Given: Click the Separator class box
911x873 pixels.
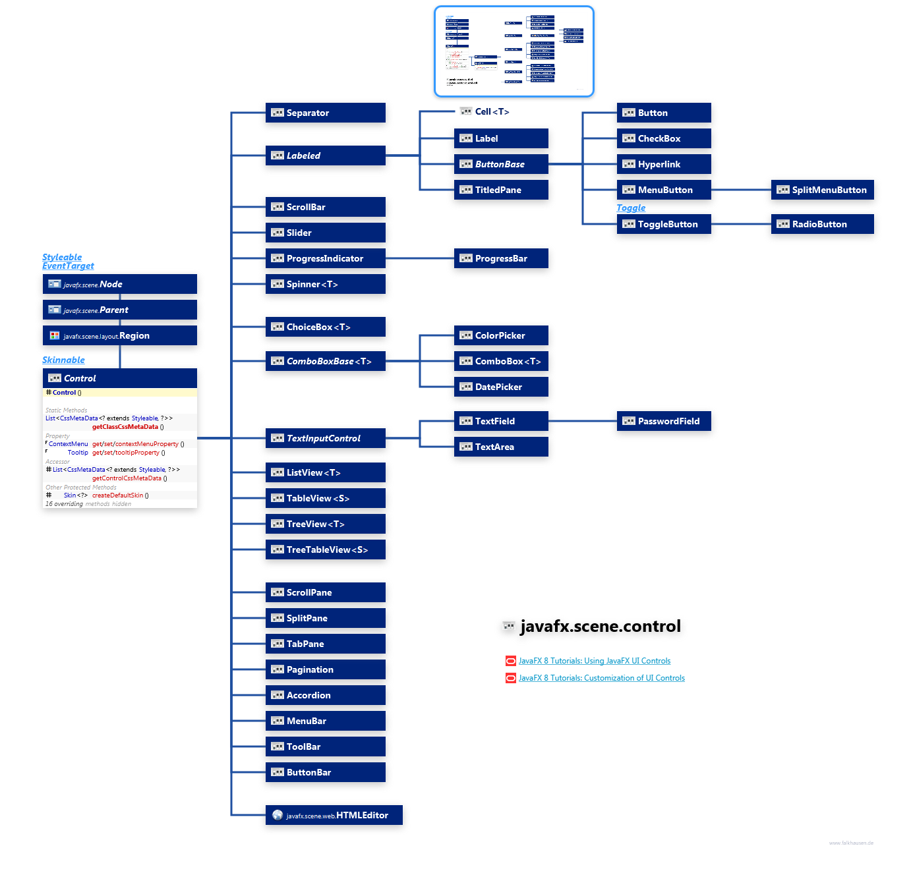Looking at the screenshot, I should coord(325,113).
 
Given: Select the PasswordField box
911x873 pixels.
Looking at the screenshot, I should coord(663,421).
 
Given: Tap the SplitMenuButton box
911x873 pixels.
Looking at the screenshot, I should coord(822,190).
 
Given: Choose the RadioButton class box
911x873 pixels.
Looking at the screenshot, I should coord(822,224).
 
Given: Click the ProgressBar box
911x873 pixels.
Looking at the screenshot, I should coord(500,258).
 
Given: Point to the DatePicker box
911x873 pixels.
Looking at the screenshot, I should coord(500,387).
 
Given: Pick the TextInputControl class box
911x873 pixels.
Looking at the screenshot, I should coord(325,438).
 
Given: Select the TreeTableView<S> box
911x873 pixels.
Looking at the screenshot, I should coord(325,549).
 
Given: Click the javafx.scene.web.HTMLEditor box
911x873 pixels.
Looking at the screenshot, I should coord(333,815).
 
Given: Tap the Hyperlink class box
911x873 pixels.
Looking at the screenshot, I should coord(663,164).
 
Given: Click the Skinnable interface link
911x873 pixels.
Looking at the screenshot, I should coord(63,360).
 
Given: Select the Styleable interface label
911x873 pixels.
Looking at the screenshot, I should coord(62,257).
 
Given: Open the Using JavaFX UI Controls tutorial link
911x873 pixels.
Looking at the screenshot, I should coord(594,661).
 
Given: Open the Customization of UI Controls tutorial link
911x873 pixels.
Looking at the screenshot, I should coord(601,678).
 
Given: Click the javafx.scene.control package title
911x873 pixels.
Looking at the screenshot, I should coord(599,626).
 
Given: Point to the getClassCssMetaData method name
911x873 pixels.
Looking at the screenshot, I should coord(125,427).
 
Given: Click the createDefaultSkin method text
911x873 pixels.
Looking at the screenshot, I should coord(117,495).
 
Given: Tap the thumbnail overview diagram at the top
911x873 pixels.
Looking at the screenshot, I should coord(514,51).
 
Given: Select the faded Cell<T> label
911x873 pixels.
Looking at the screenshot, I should coord(491,111).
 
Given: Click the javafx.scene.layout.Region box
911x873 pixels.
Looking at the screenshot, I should coord(119,335).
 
